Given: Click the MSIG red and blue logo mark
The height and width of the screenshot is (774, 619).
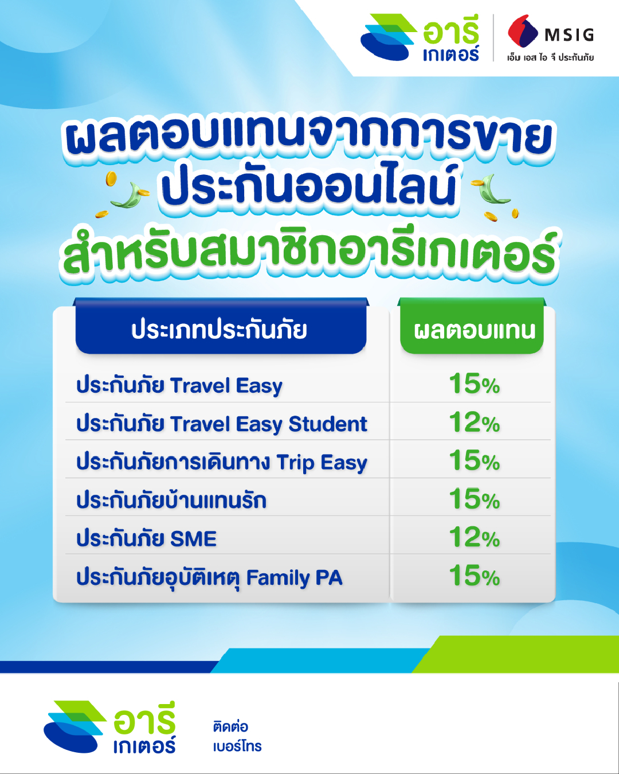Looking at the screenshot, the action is click(x=522, y=31).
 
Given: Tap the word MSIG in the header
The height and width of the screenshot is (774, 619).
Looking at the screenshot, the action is click(x=569, y=35).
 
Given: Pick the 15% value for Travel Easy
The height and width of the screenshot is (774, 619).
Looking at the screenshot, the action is click(x=475, y=384).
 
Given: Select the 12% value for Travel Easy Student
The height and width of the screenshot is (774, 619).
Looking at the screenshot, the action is click(x=475, y=422).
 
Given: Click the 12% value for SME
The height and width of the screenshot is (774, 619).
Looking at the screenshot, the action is click(x=475, y=537).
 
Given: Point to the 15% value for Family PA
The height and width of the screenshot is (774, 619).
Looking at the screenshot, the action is click(x=475, y=576).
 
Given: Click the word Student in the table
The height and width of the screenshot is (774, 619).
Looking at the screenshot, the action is click(x=328, y=424).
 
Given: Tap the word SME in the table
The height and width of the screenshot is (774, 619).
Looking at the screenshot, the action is click(x=193, y=539).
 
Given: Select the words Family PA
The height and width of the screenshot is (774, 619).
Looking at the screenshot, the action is click(x=294, y=578).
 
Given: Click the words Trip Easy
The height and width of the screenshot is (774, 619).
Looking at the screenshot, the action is click(x=322, y=463).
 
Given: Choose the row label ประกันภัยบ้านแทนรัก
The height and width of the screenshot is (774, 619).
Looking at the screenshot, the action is click(x=171, y=500).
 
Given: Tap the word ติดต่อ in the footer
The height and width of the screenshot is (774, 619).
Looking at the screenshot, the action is click(x=230, y=726).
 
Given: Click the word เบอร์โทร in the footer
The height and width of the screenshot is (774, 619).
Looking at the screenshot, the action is click(x=237, y=746).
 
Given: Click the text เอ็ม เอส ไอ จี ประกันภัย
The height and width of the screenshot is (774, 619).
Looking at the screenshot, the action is click(x=550, y=57).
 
